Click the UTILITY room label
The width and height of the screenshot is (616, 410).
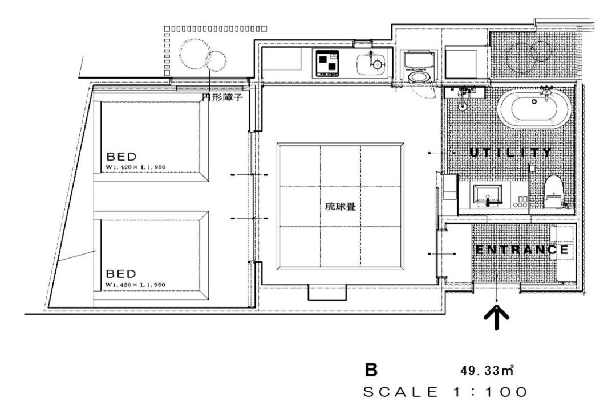pyautogui.click(x=510, y=152)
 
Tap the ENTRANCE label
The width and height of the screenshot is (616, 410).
pyautogui.click(x=522, y=249)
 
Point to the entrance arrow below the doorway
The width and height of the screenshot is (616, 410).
pyautogui.click(x=497, y=317)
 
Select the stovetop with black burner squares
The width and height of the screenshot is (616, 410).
pyautogui.click(x=327, y=63)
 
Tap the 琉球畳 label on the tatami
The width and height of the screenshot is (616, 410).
pyautogui.click(x=341, y=206)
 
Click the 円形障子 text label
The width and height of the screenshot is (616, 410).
pyautogui.click(x=222, y=97)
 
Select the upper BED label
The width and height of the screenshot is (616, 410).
pyautogui.click(x=122, y=157)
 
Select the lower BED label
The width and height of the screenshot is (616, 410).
pyautogui.click(x=121, y=273)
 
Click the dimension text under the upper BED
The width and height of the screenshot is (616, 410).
pyautogui.click(x=136, y=167)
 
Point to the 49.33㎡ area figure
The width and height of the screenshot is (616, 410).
pyautogui.click(x=488, y=370)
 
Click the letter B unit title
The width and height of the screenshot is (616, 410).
pyautogui.click(x=371, y=370)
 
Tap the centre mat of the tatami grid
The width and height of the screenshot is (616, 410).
pyautogui.click(x=341, y=206)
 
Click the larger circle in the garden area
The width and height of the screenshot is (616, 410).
pyautogui.click(x=195, y=54)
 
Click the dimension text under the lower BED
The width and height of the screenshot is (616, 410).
pyautogui.click(x=136, y=285)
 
